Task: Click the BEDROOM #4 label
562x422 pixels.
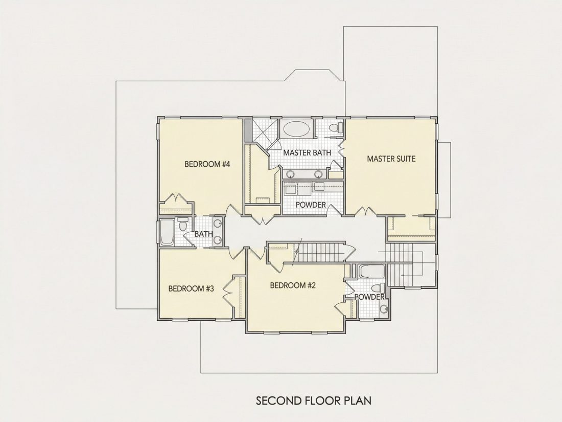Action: [x=207, y=164]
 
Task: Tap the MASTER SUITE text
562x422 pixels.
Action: [x=391, y=159]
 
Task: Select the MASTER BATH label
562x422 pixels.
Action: [x=307, y=152]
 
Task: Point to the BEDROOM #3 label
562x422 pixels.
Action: [x=191, y=288]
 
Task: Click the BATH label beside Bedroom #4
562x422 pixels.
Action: [x=203, y=234]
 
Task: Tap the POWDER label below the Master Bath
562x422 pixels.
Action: [x=311, y=205]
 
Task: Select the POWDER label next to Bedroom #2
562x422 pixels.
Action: [x=369, y=297]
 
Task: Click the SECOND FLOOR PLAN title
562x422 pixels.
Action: [x=314, y=401]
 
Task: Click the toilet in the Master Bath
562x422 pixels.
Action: [x=335, y=127]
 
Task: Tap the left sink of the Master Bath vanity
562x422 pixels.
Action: [x=290, y=174]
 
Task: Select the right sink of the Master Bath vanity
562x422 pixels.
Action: [x=318, y=174]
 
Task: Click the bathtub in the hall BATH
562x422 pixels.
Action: [x=167, y=233]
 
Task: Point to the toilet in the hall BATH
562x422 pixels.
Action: [x=183, y=225]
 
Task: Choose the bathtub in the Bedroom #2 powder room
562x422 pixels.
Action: [x=372, y=271]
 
